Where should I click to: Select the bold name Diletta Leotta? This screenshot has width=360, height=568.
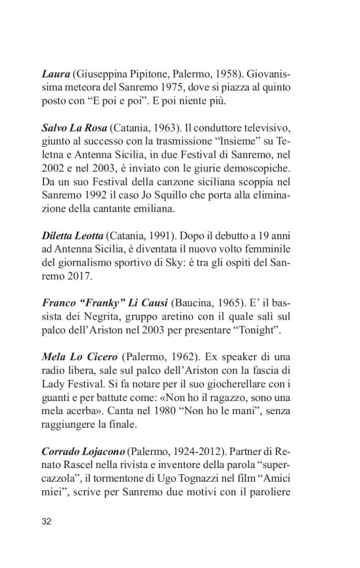tap(73, 236)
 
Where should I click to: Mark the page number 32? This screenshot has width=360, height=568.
tap(47, 521)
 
